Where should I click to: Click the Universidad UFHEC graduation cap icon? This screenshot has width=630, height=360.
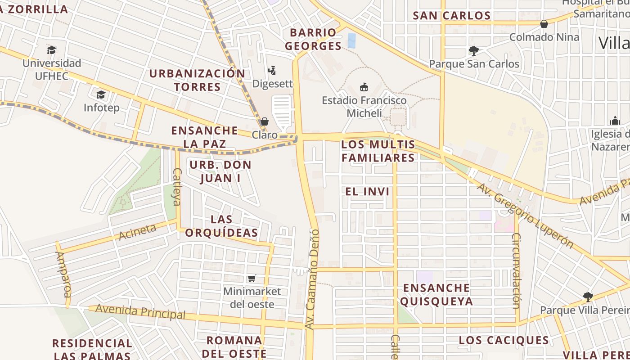(x=52, y=49)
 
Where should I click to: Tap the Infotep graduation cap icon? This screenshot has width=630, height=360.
(x=101, y=94)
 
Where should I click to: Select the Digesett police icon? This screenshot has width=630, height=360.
(x=272, y=70)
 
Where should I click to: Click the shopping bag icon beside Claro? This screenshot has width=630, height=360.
(x=265, y=121)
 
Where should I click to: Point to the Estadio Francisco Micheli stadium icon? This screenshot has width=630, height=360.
(x=364, y=87)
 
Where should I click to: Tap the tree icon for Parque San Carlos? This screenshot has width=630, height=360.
(x=473, y=50)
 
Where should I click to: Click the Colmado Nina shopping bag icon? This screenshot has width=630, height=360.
(x=544, y=23)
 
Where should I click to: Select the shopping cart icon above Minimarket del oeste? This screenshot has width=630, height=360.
(x=252, y=279)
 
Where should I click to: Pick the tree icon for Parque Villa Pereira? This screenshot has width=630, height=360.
(x=587, y=297)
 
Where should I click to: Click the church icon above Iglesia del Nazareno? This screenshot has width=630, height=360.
(x=615, y=121)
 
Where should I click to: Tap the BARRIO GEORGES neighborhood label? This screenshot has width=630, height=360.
(x=313, y=39)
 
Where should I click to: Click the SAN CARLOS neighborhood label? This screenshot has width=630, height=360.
(x=452, y=16)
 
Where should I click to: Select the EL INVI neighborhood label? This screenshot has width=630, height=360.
(x=367, y=191)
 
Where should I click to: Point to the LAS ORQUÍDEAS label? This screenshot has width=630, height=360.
(x=221, y=226)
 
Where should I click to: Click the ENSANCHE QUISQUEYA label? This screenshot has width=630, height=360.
(x=436, y=294)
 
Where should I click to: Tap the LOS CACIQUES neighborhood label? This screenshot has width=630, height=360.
(x=504, y=340)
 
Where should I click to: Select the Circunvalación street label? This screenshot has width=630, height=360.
(x=516, y=270)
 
